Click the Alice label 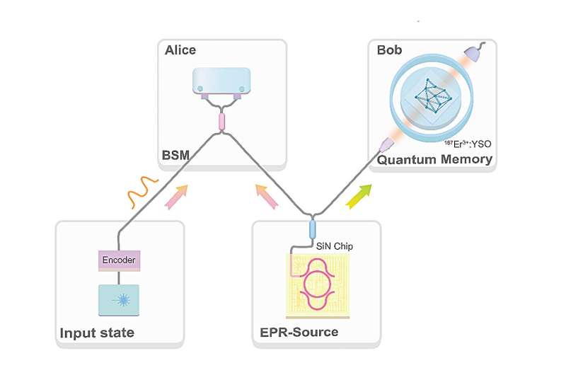click(180, 50)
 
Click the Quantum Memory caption click(434, 159)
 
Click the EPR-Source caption click(295, 332)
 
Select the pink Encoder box click(118, 260)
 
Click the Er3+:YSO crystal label click(466, 144)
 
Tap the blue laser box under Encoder click(118, 299)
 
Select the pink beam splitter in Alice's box click(221, 120)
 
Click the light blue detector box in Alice click(221, 82)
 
